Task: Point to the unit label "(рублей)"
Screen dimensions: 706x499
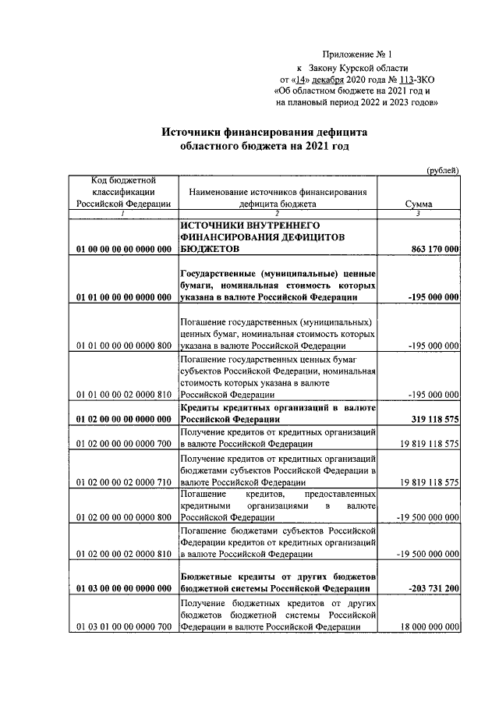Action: point(443,171)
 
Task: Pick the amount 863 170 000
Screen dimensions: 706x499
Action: point(434,249)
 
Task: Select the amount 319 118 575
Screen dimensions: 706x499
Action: point(434,419)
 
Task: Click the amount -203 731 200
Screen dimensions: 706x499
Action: point(430,588)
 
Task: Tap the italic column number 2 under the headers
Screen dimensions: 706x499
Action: point(277,214)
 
